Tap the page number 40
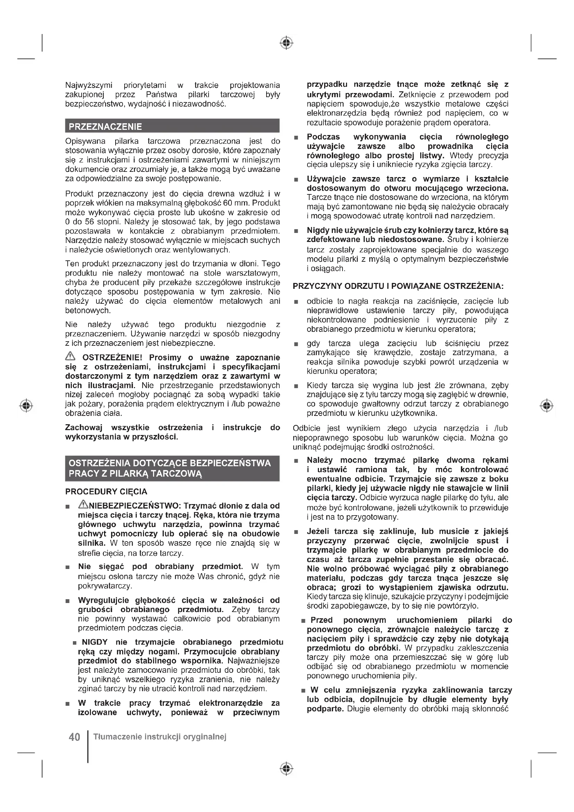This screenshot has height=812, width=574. (75, 737)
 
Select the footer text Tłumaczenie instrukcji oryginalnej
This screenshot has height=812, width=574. (160, 737)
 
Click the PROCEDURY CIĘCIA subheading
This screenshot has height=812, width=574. (106, 492)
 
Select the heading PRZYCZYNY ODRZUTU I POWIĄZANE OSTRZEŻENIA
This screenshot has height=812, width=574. (398, 286)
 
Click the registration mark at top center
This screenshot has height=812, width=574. (286, 43)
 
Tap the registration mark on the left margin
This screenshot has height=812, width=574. (26, 405)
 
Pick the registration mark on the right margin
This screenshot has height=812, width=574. (547, 405)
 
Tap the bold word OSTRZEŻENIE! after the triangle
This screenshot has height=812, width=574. (112, 358)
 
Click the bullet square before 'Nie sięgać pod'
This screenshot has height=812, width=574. (68, 567)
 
